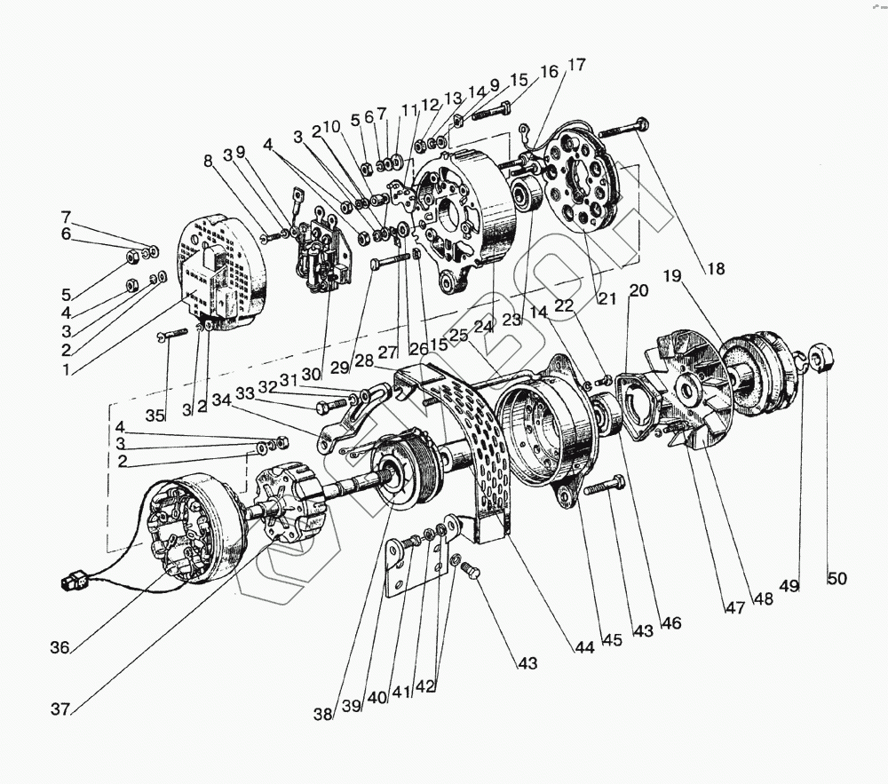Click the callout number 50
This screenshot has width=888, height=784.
(836, 579)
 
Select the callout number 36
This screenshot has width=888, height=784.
(59, 648)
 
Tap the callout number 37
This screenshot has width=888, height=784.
(60, 709)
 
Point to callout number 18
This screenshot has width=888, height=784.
(716, 269)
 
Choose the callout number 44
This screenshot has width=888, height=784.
(583, 647)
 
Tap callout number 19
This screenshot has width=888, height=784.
(671, 276)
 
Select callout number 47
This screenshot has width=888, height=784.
(733, 607)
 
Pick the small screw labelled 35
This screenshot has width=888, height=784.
(174, 335)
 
